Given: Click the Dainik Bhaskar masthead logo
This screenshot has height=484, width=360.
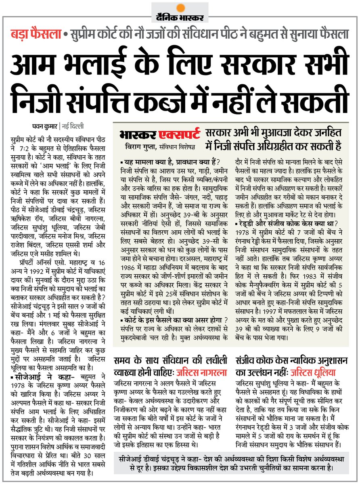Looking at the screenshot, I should [x=180, y=17].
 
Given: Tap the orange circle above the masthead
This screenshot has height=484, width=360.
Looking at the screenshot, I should [x=180, y=7].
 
